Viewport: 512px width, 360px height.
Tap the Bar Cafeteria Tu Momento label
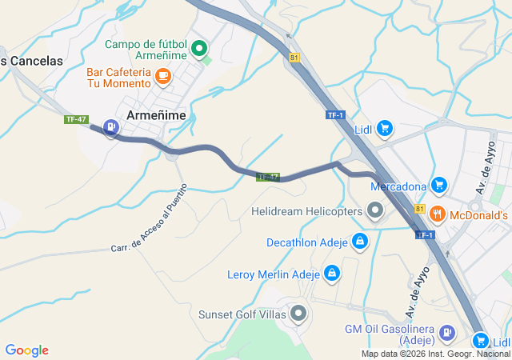pos(119,77)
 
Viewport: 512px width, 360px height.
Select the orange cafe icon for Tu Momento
pos(163,76)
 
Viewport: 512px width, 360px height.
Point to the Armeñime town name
pos(156,115)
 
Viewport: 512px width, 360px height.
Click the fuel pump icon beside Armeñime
pos(110,126)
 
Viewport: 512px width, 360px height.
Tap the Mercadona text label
pos(398,186)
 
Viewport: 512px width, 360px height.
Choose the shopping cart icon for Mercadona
pos(438,186)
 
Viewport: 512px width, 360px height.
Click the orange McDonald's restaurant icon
pos(437,214)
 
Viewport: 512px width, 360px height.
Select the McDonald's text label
pos(479,214)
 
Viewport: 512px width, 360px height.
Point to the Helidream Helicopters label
pos(306,211)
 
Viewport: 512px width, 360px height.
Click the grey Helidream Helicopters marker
pos(375,211)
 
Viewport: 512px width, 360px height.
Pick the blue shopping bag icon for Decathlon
pos(361,241)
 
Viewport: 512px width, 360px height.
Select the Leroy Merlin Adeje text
pos(274,274)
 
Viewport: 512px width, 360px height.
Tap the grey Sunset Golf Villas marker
pos(298,314)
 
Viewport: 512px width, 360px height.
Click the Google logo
pos(27,350)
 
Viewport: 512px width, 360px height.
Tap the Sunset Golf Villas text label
pos(242,314)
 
